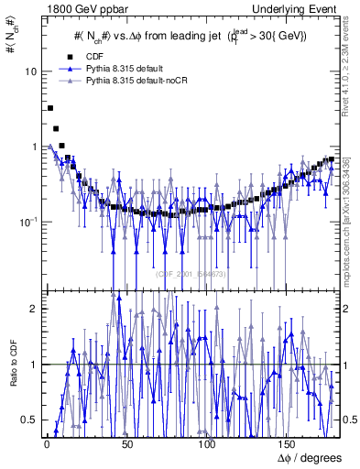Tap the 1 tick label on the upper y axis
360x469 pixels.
click(x=35, y=147)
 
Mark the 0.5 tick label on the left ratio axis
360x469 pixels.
click(x=32, y=420)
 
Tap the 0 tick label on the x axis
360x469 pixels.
click(x=46, y=443)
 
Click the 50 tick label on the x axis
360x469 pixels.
click(x=127, y=443)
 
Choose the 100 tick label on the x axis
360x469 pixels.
click(x=208, y=443)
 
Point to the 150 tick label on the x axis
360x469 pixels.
click(x=289, y=443)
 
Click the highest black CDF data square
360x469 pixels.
click(x=49, y=108)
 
